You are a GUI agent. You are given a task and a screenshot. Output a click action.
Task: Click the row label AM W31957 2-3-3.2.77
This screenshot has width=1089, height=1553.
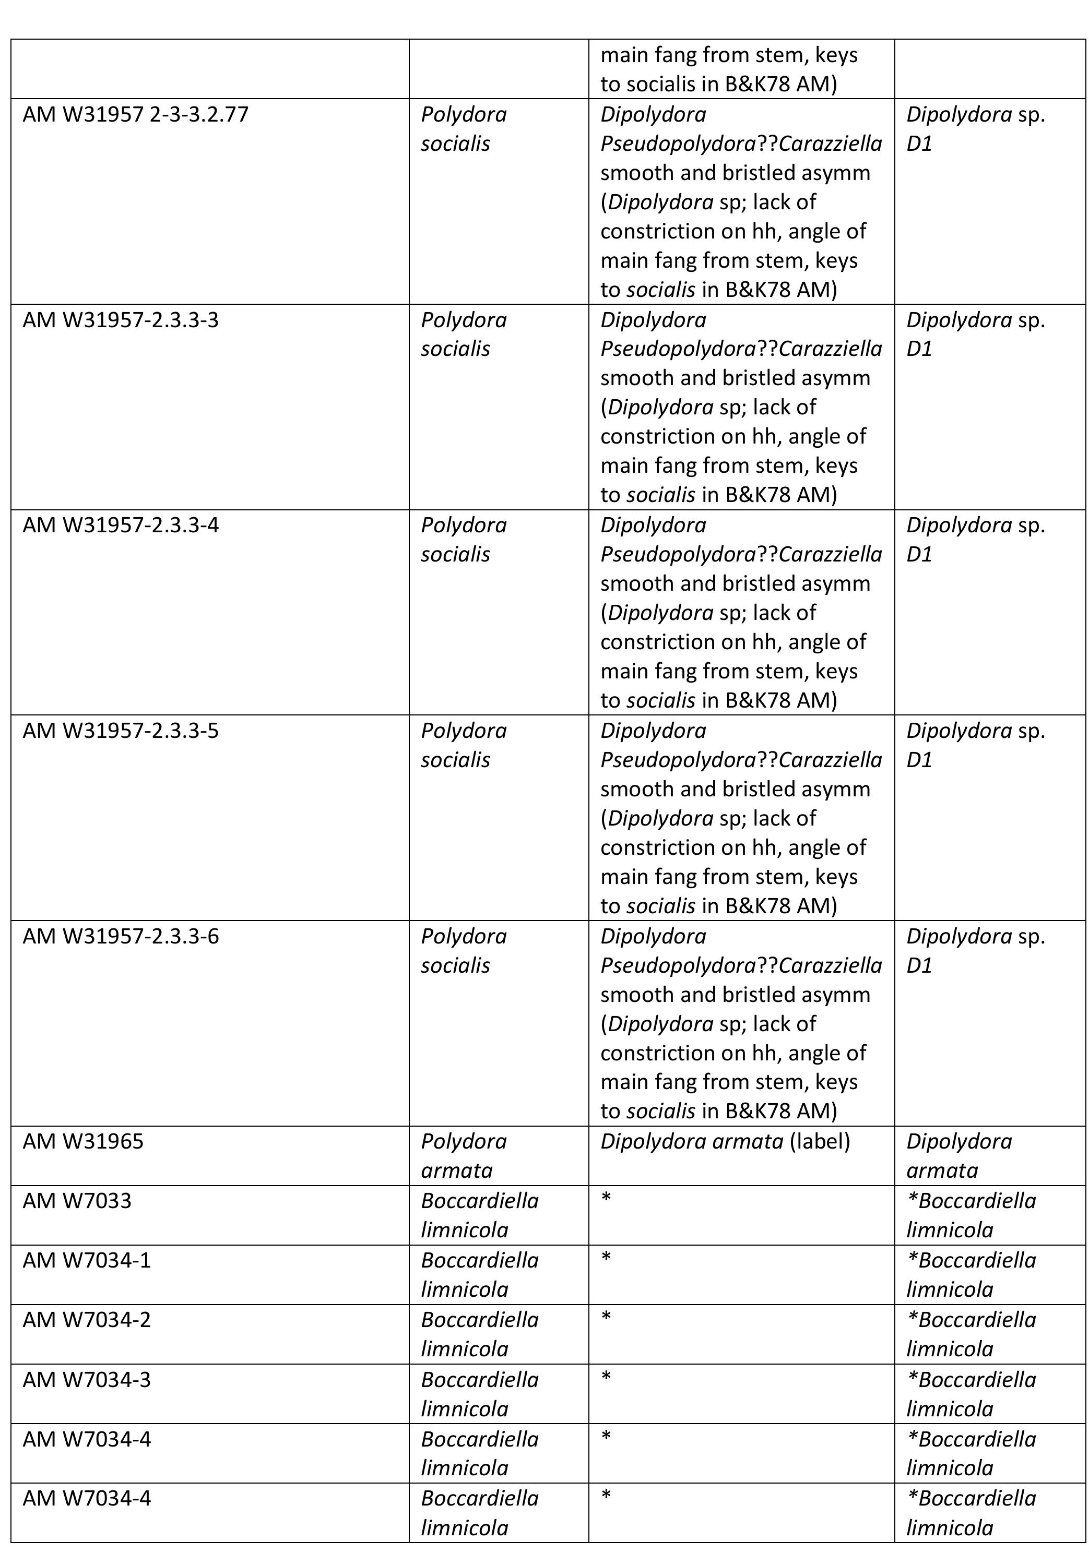click(135, 114)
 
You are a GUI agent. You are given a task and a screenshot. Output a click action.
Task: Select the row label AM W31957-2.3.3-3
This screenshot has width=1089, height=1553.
click(121, 319)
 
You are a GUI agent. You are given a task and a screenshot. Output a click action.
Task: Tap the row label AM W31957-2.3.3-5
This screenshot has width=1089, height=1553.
click(121, 731)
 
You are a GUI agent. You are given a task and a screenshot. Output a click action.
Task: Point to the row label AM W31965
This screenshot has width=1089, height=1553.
click(83, 1142)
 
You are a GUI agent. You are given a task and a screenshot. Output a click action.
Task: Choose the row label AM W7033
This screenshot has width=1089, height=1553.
click(77, 1201)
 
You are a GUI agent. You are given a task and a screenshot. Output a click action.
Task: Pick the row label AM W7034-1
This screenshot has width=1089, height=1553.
click(87, 1260)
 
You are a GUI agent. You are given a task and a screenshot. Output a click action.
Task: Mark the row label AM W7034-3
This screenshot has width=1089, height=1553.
click(87, 1379)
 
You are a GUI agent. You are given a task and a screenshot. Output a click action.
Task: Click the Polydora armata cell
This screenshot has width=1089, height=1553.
click(464, 1156)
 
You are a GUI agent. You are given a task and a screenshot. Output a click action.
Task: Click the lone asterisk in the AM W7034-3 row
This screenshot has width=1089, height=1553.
click(606, 1377)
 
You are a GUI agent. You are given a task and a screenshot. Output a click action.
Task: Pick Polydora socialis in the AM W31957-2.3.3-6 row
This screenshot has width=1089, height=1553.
click(464, 950)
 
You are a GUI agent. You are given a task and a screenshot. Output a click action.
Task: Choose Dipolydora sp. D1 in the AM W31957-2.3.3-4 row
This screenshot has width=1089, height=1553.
click(975, 539)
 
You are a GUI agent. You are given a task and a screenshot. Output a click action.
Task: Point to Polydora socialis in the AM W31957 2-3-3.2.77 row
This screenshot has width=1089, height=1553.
click(464, 128)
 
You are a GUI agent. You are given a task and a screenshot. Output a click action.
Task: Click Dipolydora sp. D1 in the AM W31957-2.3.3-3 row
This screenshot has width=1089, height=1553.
click(975, 333)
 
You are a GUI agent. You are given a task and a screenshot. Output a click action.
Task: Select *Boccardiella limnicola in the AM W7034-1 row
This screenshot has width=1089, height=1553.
click(971, 1274)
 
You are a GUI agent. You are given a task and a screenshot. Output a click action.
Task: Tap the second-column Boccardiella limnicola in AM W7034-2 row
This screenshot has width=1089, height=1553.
click(479, 1334)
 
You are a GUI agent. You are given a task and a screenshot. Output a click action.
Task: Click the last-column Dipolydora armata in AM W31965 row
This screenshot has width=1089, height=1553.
click(959, 1156)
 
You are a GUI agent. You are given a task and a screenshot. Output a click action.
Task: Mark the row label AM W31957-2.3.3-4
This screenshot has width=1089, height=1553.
click(121, 525)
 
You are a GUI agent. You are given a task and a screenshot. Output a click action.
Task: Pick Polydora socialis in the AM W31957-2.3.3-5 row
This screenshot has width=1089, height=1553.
click(464, 745)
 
